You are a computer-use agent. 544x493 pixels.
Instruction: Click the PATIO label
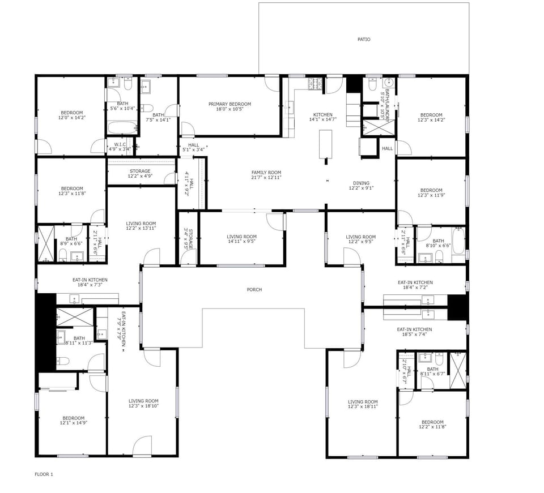[x=364, y=40]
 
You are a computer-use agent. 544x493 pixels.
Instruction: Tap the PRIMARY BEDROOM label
[x=229, y=104]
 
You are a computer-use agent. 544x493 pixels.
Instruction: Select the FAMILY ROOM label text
[x=266, y=173]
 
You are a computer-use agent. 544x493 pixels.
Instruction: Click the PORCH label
[x=254, y=290]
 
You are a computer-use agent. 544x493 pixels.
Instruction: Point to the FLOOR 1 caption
[x=44, y=474]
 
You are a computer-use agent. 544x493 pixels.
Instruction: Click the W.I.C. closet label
[x=120, y=144]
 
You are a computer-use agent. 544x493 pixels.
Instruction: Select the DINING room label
[x=361, y=183]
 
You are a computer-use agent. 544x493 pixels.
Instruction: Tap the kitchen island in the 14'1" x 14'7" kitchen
[x=326, y=144]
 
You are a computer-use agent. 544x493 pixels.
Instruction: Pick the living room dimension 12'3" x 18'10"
[x=143, y=406]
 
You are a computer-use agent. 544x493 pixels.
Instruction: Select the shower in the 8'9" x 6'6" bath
[x=46, y=243]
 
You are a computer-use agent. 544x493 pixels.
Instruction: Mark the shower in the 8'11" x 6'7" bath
[x=457, y=370]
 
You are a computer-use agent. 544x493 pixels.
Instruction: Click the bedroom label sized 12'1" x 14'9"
[x=73, y=418]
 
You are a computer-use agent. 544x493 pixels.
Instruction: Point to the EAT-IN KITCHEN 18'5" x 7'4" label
[x=414, y=329]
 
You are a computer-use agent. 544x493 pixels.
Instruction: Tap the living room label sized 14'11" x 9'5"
[x=241, y=237]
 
